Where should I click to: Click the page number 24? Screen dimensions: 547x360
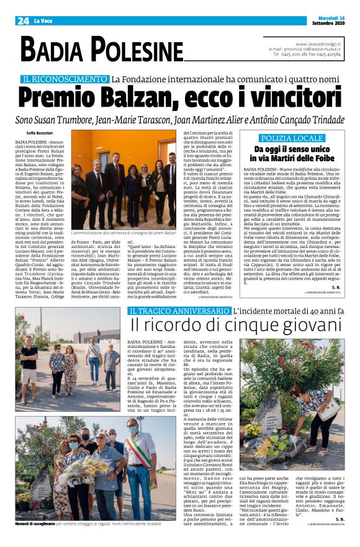23,21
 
